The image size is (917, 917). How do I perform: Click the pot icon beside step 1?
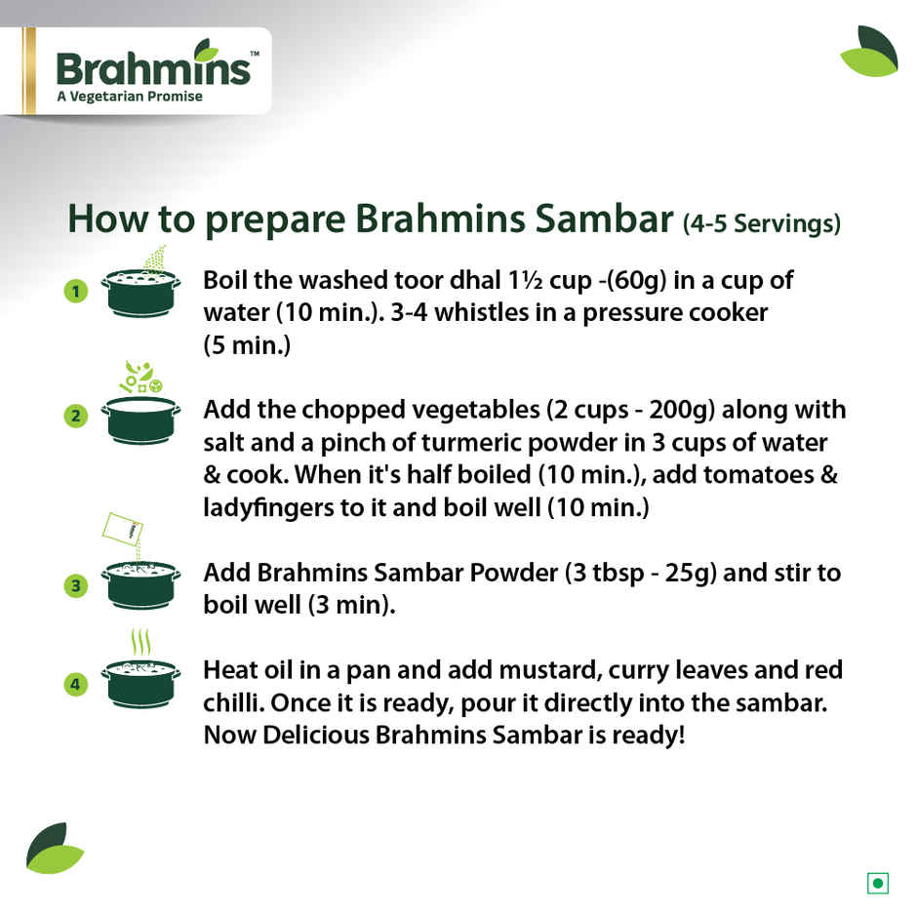pyautogui.click(x=140, y=292)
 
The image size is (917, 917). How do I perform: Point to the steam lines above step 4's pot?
pyautogui.click(x=141, y=643)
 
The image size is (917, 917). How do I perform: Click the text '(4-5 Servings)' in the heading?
pyautogui.click(x=761, y=223)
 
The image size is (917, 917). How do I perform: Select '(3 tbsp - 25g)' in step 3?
pyautogui.click(x=639, y=573)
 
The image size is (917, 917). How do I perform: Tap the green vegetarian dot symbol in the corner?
pyautogui.click(x=878, y=884)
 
